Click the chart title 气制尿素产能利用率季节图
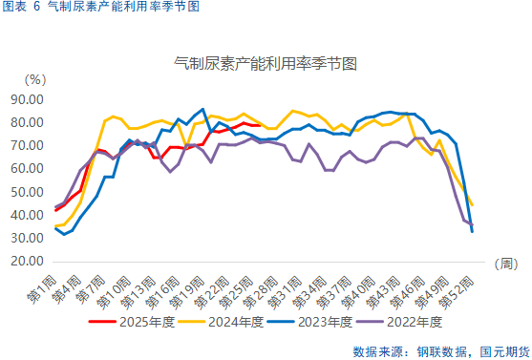click(x=266, y=64)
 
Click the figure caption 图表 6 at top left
click(x=21, y=7)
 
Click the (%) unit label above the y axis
click(x=34, y=80)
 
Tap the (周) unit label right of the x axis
click(x=506, y=262)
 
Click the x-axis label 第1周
click(x=41, y=284)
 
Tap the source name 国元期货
click(x=500, y=349)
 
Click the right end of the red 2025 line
click(x=261, y=125)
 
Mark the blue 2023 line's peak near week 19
click(x=202, y=109)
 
